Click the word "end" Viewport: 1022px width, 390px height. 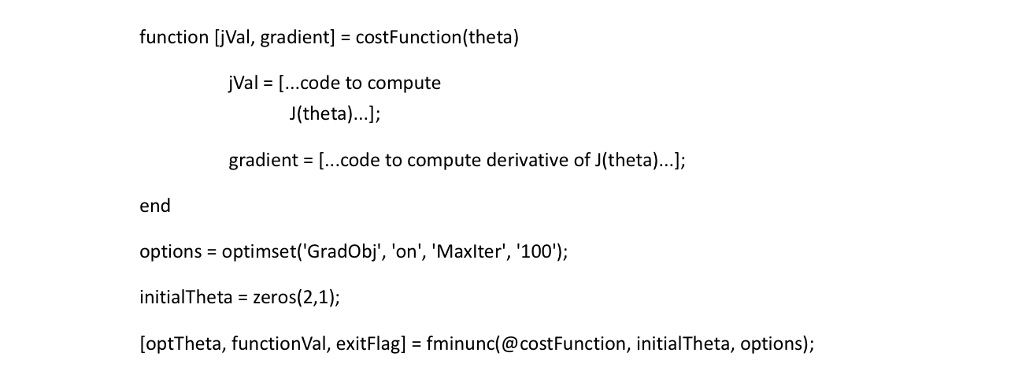[x=154, y=206]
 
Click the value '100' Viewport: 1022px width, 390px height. [x=524, y=252]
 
